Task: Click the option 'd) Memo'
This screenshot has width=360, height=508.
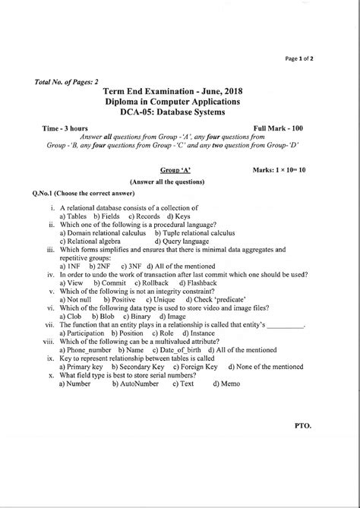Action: click(x=227, y=383)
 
